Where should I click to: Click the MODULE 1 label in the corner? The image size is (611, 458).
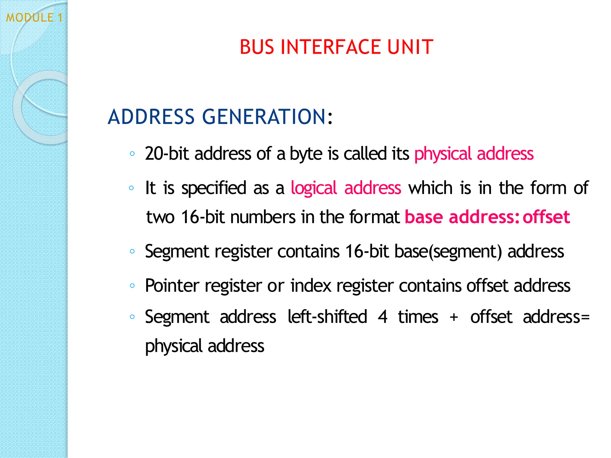coord(34,18)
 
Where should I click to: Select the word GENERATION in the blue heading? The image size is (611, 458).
coord(264,117)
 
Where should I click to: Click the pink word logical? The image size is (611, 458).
coord(314,188)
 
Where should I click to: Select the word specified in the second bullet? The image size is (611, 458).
coord(214,188)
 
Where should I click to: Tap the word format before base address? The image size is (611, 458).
coord(374,217)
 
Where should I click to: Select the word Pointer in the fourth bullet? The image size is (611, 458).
coord(172,286)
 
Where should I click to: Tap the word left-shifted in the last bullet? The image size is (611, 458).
coord(327,317)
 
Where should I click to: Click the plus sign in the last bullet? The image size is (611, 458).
coord(454,317)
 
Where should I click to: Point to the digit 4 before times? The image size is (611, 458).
coord(382,317)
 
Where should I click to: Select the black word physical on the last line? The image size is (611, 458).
coord(174,346)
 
